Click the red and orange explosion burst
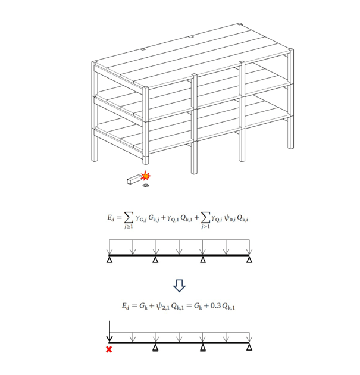(145, 176)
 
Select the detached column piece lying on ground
(134, 179)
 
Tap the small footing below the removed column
(146, 185)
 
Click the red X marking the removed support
(109, 349)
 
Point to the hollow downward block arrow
(179, 286)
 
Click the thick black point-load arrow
(109, 332)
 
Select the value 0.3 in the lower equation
(215, 305)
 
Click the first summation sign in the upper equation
(129, 217)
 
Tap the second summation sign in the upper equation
(205, 217)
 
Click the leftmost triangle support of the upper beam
(109, 260)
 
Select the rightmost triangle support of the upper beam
(249, 260)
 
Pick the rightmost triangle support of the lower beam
(249, 347)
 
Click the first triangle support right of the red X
(156, 348)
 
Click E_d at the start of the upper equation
(111, 218)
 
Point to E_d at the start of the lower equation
(126, 306)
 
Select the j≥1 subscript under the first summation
(129, 226)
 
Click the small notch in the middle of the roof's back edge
(191, 37)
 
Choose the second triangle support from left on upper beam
(156, 260)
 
